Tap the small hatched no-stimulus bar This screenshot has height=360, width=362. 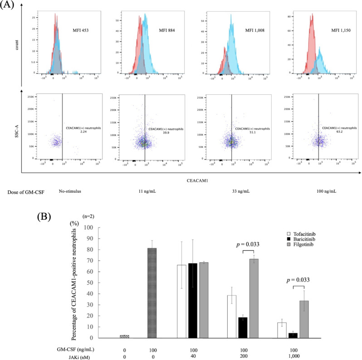coord(124,336)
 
